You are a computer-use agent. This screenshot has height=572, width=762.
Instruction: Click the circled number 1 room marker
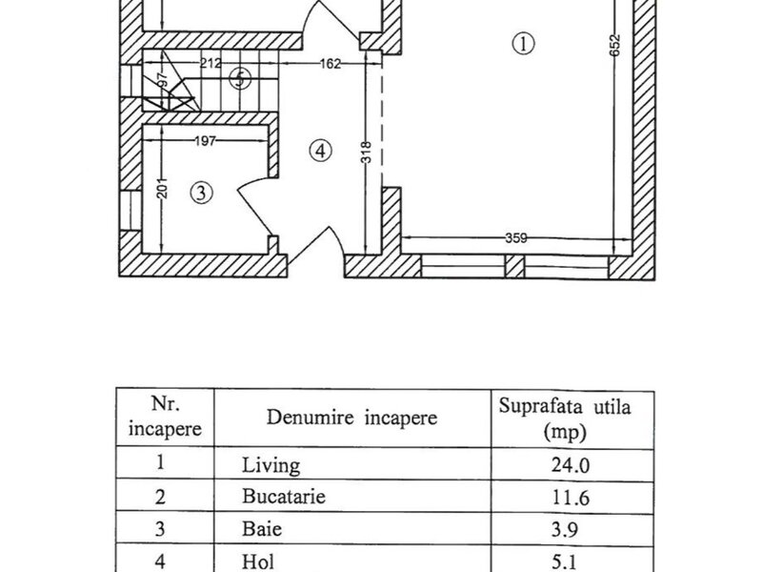523,44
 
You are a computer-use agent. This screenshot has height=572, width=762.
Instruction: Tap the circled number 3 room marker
201,194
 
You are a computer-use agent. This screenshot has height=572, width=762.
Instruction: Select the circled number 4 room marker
320,151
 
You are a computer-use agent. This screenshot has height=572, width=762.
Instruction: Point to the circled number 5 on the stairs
240,78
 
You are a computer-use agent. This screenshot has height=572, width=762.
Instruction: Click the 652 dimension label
615,45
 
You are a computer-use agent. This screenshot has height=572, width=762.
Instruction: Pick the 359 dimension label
515,238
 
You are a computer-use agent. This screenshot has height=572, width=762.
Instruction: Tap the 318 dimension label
367,152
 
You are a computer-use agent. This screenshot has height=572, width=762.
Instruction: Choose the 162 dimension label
330,64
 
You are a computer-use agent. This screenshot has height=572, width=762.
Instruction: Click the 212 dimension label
211,63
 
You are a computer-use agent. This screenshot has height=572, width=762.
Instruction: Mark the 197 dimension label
205,141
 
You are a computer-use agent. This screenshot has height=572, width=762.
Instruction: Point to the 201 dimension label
163,188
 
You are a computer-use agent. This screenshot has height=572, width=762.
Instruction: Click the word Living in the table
271,465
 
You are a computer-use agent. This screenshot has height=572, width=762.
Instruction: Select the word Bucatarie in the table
284,496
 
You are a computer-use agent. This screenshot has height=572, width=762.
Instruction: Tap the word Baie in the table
262,529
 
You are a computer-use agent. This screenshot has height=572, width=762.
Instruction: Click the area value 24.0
571,465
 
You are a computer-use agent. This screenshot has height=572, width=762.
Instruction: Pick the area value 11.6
571,498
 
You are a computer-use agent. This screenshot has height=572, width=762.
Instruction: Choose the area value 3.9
565,529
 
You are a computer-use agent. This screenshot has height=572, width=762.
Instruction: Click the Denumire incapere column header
351,418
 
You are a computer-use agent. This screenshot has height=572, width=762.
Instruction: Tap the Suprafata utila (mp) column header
565,419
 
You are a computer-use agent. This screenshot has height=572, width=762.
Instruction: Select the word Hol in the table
258,562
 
